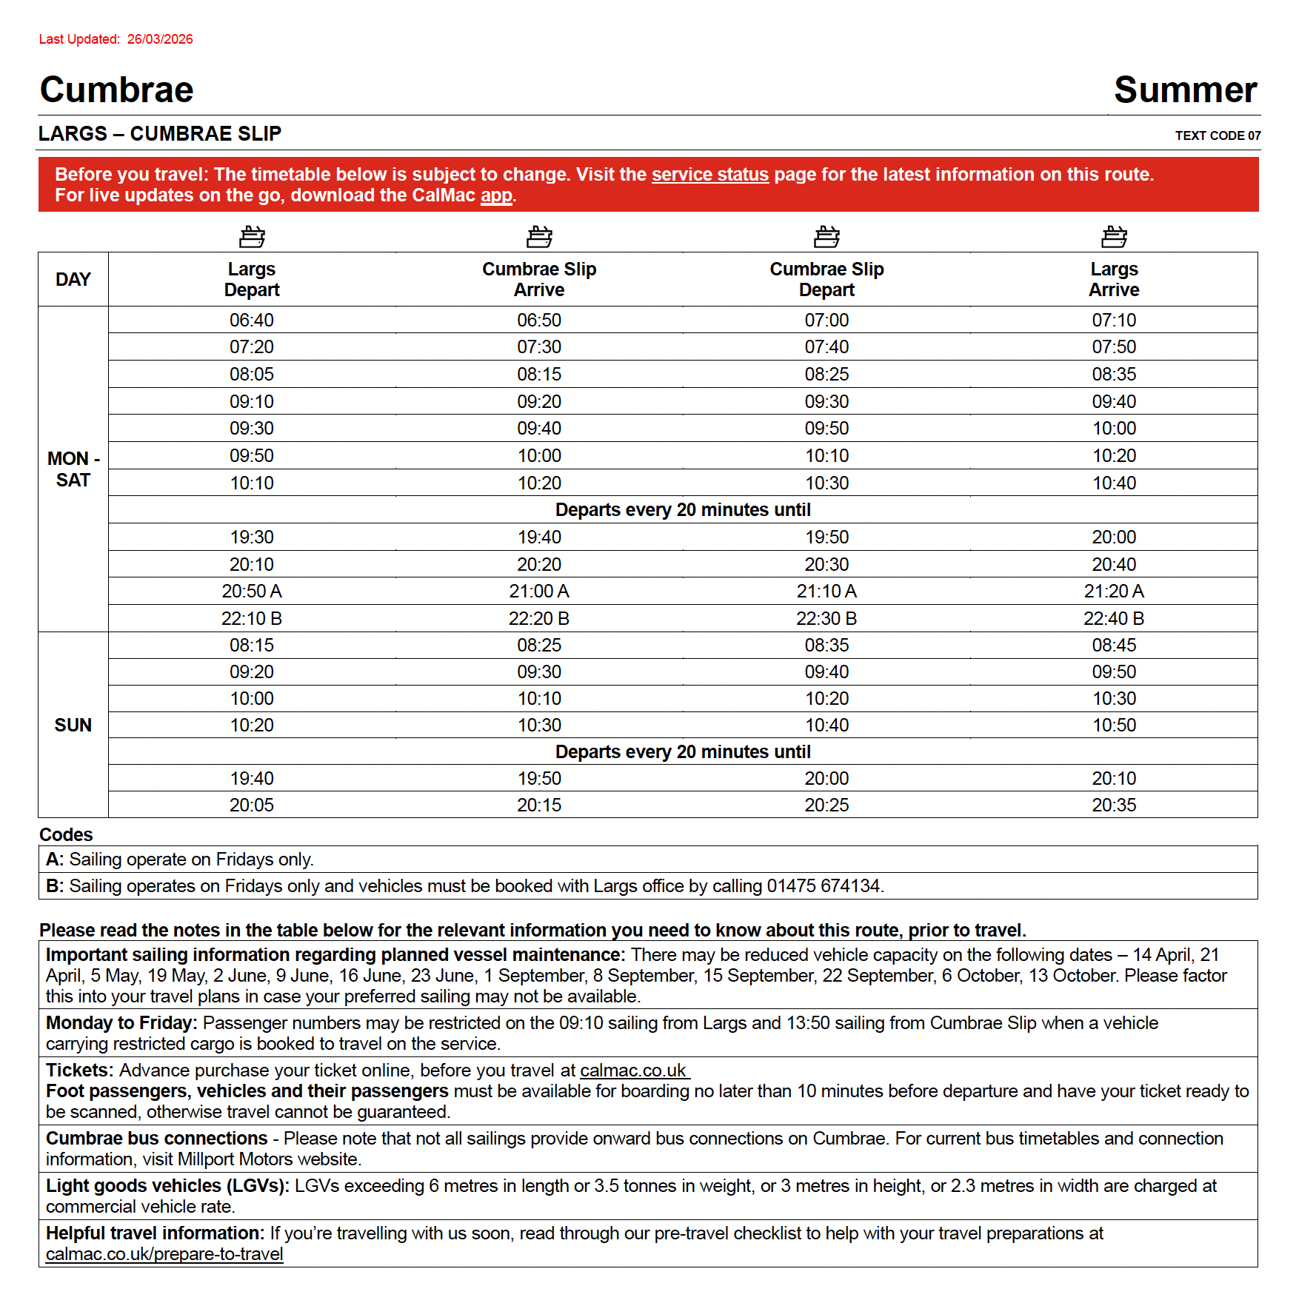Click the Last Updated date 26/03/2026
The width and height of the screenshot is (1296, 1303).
click(x=159, y=39)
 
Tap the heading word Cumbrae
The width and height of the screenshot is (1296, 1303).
click(x=116, y=90)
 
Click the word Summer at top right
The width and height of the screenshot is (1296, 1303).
click(x=1185, y=90)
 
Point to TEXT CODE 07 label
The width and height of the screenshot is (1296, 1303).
click(x=1217, y=135)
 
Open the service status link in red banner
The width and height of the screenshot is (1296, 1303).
click(x=709, y=175)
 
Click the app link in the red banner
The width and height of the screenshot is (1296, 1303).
click(x=496, y=195)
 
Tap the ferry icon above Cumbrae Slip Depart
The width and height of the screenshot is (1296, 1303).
click(x=826, y=237)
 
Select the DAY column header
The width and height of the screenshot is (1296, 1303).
click(x=73, y=279)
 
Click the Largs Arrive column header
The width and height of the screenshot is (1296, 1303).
click(x=1113, y=279)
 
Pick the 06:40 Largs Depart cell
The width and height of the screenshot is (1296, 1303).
click(x=251, y=320)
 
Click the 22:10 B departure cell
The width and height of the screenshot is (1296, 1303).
click(x=251, y=618)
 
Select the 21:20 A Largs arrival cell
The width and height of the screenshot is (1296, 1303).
click(x=1113, y=591)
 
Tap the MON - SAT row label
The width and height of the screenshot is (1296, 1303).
click(x=73, y=469)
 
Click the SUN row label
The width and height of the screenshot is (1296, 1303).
click(x=73, y=725)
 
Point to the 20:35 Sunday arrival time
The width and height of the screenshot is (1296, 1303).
click(x=1113, y=805)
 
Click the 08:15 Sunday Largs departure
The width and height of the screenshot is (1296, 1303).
click(x=251, y=645)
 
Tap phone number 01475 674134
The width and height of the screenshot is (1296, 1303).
click(x=824, y=886)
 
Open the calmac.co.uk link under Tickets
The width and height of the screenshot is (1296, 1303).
click(x=634, y=1071)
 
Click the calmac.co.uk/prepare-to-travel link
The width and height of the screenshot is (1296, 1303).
click(x=164, y=1254)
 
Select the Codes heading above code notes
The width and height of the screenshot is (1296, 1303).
click(x=66, y=834)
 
